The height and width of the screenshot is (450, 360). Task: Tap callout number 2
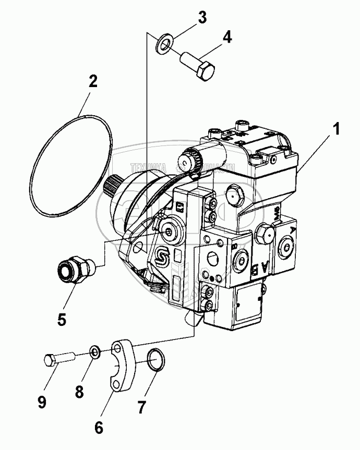(x=92, y=81)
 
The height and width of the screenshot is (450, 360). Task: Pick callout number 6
(x=99, y=427)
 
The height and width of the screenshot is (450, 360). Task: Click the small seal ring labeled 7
(x=154, y=359)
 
